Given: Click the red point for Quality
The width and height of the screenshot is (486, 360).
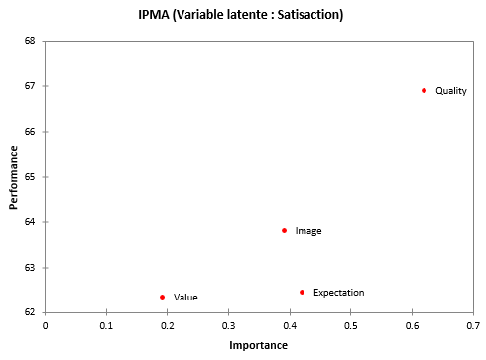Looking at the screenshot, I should point(424,90).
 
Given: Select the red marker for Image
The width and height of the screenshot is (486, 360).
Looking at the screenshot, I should point(284,230).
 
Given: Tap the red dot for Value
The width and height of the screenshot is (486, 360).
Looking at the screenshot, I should point(162,297).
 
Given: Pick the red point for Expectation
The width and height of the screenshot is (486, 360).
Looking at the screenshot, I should point(302,292).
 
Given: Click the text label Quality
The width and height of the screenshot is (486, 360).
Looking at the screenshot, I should point(450,91).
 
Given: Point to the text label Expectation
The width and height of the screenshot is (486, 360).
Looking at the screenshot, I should point(338,293).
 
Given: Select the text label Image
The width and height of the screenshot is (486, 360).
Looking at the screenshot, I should point(308,231).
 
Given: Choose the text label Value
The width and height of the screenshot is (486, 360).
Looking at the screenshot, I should point(185,298).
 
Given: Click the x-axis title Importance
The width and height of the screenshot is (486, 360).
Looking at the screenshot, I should point(258,345).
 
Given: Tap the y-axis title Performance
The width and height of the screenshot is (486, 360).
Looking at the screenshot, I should point(15,177).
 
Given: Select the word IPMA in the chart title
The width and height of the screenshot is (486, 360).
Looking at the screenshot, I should point(154,16).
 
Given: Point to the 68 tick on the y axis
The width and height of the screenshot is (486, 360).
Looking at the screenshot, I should point(30,41).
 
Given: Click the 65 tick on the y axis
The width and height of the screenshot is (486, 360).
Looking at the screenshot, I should point(30,177).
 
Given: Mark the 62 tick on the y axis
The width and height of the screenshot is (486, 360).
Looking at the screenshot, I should point(30,312).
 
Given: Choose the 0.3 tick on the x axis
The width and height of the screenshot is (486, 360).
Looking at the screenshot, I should point(228,324).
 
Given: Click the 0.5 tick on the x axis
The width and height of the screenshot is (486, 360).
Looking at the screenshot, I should point(350,324).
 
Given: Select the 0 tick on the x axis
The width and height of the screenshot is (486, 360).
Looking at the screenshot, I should point(45,324).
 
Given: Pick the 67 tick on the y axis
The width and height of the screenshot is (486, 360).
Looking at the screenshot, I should point(30,86).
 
